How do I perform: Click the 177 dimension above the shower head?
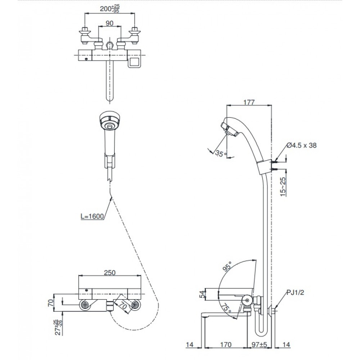(249, 102)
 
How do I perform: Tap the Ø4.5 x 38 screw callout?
(301, 145)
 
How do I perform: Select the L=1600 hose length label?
(92, 216)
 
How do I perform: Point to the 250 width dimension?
(110, 273)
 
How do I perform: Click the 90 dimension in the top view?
(110, 23)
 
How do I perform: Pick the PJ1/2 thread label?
(295, 292)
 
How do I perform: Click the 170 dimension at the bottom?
(226, 345)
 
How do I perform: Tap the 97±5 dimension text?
(259, 345)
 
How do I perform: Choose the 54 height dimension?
(202, 294)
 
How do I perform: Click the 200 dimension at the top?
(110, 9)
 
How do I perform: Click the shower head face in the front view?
(110, 122)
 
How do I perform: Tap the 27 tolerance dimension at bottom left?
(59, 327)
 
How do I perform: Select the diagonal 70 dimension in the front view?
(123, 306)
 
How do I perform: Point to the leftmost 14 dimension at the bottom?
(190, 345)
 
